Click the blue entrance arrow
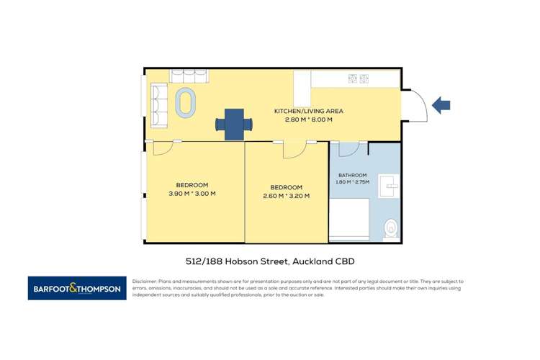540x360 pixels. coord(441,106)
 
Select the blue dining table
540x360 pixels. coord(235,124)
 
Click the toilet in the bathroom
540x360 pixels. coord(390,227)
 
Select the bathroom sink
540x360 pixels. coord(390,186)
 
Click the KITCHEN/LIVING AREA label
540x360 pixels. coord(308,111)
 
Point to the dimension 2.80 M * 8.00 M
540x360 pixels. coord(308,120)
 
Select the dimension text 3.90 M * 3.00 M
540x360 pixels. coord(192,193)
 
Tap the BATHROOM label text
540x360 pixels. coord(353,175)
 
